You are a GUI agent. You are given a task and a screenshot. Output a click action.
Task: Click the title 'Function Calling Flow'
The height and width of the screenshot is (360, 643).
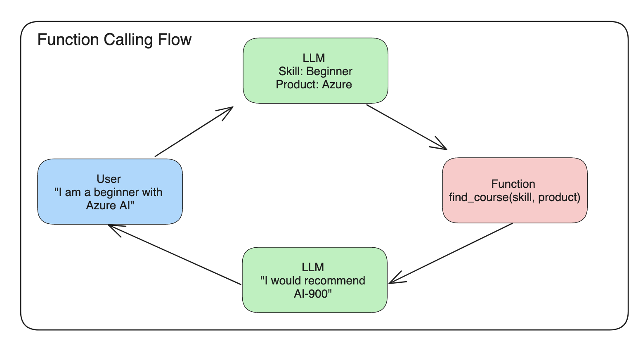coord(114,40)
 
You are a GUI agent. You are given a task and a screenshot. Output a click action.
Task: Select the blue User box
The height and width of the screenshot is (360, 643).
coord(110,192)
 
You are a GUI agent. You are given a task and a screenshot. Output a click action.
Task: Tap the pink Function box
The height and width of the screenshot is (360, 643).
coord(515,190)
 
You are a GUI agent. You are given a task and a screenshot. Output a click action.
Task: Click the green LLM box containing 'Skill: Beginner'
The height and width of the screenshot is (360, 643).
coord(315,71)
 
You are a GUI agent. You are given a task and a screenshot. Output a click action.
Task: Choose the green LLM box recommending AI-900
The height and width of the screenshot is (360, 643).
coord(314,280)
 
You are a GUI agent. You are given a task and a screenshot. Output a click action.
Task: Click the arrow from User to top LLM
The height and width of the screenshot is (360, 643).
coord(194,132)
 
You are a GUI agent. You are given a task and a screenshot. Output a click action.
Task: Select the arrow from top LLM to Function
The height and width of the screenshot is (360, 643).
coord(407,127)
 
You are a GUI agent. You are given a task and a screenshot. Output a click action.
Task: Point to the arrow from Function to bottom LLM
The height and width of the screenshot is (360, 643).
coord(451,253)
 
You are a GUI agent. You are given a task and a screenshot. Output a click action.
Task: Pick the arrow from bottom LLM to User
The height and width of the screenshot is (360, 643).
coord(174,254)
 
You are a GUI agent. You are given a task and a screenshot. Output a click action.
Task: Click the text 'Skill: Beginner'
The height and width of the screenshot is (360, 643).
coord(315,71)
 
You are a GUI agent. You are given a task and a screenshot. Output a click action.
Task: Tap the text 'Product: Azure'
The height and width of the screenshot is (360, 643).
coord(314,85)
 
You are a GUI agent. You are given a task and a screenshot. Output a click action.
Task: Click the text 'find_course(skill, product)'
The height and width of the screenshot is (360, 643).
coord(515,197)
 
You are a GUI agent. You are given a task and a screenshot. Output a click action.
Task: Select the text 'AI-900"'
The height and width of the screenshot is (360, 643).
coord(313,294)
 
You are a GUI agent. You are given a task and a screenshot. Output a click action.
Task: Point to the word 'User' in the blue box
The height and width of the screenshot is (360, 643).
coord(109,179)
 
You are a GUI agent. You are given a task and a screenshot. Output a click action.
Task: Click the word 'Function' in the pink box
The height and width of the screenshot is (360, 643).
coord(513,184)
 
